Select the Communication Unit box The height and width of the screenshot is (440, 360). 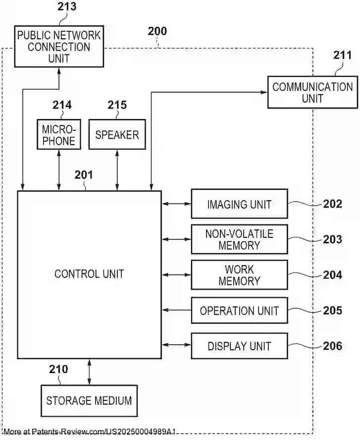[x=312, y=92]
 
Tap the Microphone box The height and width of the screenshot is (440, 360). [x=58, y=134]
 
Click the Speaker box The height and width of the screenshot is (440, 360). [x=117, y=134]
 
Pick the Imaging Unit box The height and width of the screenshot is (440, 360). [x=239, y=204]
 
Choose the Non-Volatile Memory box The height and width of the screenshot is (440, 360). [x=239, y=239]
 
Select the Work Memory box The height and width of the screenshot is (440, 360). [x=239, y=275]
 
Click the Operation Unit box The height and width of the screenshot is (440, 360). [x=239, y=311]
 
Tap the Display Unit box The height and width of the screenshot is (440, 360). [x=239, y=346]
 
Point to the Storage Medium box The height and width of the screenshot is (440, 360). [x=89, y=400]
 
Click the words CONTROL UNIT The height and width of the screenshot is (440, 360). [x=89, y=274]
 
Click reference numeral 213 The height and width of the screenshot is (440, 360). [x=67, y=7]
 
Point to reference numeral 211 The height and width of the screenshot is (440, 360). [x=343, y=55]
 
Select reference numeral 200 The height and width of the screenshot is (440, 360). [x=157, y=31]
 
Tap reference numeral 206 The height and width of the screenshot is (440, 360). [x=333, y=346]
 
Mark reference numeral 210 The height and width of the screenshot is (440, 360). [x=58, y=369]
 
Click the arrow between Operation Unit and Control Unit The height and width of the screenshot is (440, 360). [x=176, y=310]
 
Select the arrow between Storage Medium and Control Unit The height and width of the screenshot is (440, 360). [x=89, y=372]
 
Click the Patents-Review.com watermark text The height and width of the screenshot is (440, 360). [x=89, y=432]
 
